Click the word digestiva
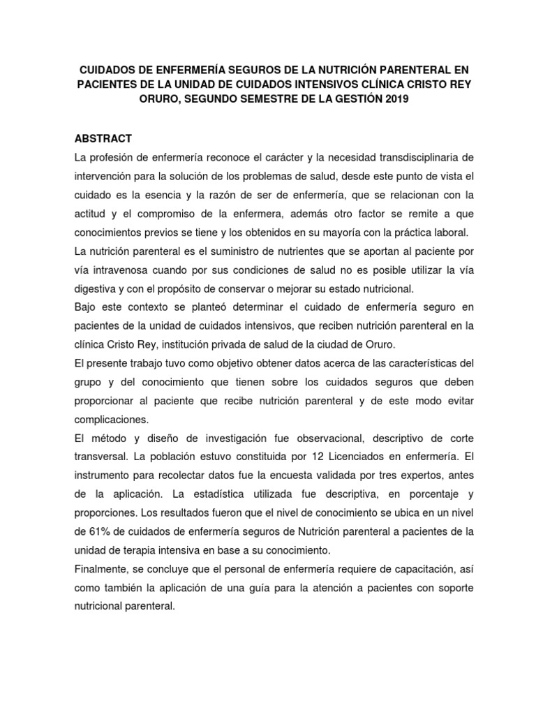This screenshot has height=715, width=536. coord(98,288)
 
